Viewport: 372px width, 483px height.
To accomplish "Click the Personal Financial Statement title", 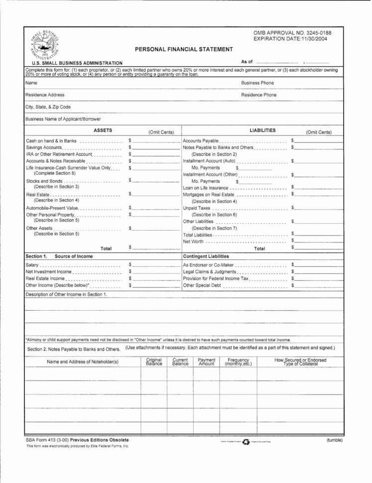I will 184,49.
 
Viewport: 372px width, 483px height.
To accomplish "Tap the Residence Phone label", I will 258,95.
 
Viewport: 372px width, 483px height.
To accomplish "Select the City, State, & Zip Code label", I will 48,107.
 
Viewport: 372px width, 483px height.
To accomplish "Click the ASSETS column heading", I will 103,130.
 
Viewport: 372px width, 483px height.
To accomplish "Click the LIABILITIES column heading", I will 262,130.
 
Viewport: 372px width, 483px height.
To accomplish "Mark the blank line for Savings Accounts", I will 155,148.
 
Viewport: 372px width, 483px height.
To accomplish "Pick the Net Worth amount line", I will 317,241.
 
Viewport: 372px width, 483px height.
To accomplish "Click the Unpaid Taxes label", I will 196,208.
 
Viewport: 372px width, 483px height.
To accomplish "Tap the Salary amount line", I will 155,265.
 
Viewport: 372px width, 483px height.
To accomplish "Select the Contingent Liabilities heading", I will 206,256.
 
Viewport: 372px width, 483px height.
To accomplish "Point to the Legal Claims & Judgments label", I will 209,272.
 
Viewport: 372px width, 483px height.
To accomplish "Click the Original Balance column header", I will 154,362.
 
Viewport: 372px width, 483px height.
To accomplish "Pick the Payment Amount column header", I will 206,362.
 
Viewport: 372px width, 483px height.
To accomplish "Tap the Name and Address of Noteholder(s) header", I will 82,362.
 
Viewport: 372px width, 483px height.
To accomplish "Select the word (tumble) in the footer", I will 334,440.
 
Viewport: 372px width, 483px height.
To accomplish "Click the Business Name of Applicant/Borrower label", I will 63,119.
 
